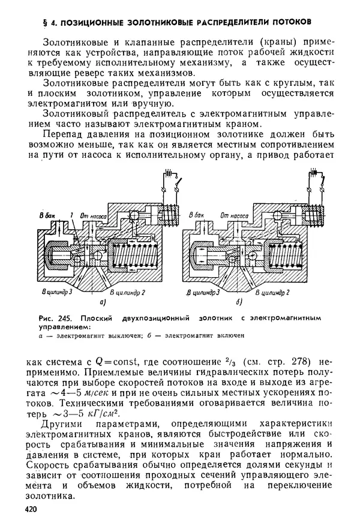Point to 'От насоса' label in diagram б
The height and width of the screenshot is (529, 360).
(235, 215)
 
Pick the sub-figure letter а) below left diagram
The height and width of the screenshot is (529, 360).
(102, 302)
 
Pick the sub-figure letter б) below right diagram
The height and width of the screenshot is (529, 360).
(239, 302)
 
